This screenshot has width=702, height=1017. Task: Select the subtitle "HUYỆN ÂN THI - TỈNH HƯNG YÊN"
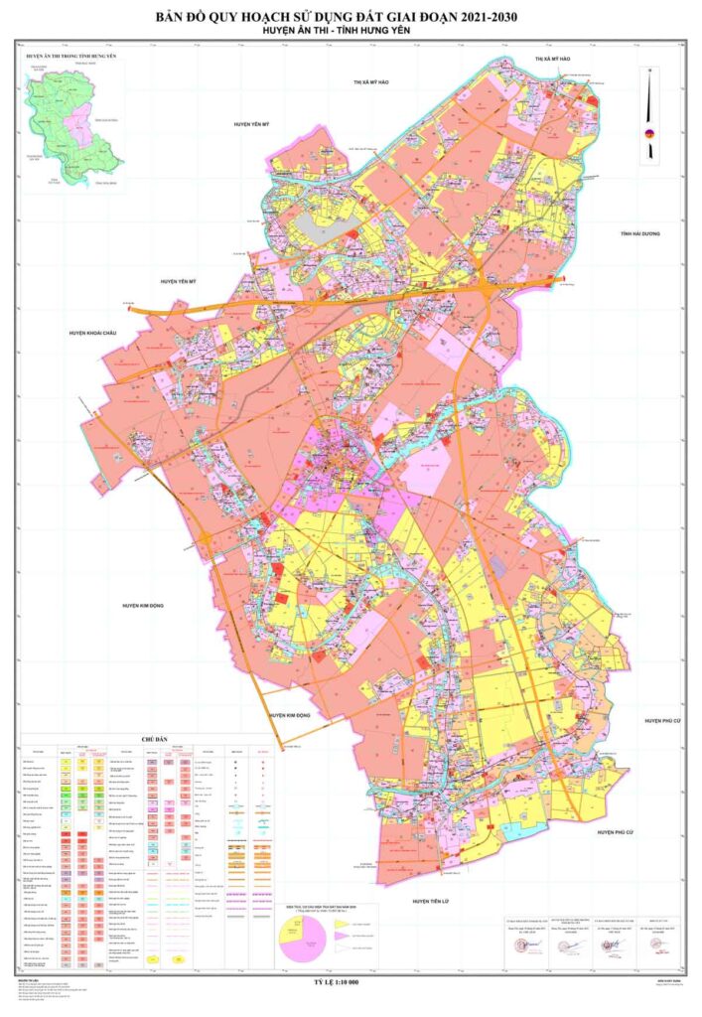(351, 32)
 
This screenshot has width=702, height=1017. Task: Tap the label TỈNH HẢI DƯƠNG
(639, 233)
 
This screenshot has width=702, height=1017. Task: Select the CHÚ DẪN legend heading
(156, 740)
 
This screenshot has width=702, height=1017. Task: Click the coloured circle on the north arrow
(650, 133)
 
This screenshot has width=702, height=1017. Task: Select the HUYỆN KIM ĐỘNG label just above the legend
(290, 715)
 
